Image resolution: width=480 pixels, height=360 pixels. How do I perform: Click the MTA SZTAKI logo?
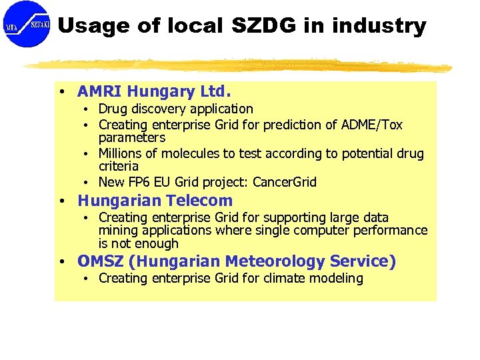27,24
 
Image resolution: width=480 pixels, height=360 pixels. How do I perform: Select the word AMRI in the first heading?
100,91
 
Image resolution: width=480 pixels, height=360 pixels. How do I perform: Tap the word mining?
117,231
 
